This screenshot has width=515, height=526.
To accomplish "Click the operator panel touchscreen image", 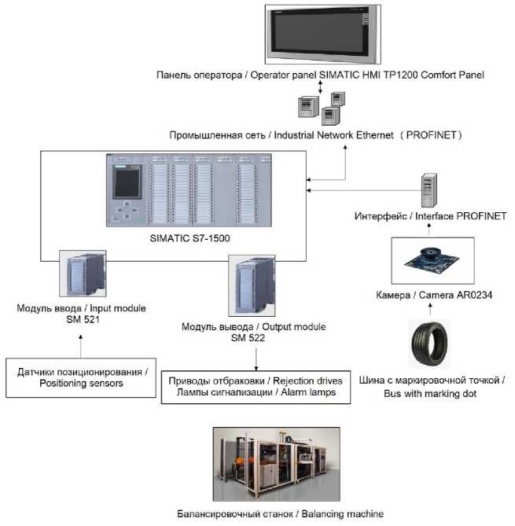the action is pos(322,35).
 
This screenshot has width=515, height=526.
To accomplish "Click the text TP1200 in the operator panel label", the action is pos(400,75).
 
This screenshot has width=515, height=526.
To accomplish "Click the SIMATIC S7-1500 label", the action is pos(189,238).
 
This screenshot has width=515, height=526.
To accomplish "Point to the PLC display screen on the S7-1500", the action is pos(127,183).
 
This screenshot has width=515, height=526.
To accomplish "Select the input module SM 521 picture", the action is pos(83,274).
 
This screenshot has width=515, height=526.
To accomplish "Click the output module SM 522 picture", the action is pos(252,285).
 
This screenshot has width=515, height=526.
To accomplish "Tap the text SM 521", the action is pos(83,319).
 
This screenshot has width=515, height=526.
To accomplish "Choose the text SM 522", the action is pos(248,338).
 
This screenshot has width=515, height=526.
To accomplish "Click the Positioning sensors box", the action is pos(81,378).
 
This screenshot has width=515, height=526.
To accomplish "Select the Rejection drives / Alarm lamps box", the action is pos(256,387).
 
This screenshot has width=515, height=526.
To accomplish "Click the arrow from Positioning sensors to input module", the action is pos(80,346).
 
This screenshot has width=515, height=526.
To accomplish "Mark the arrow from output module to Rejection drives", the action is pos(256,359).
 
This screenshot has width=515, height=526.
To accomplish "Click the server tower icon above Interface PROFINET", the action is pos(429,190).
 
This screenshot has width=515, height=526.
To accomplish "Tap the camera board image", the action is pos(432,261).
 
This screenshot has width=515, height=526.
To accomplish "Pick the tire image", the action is pos(429,344).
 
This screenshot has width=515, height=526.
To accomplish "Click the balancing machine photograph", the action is pos(277,464).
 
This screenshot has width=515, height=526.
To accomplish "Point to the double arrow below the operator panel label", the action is pos(321,87).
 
